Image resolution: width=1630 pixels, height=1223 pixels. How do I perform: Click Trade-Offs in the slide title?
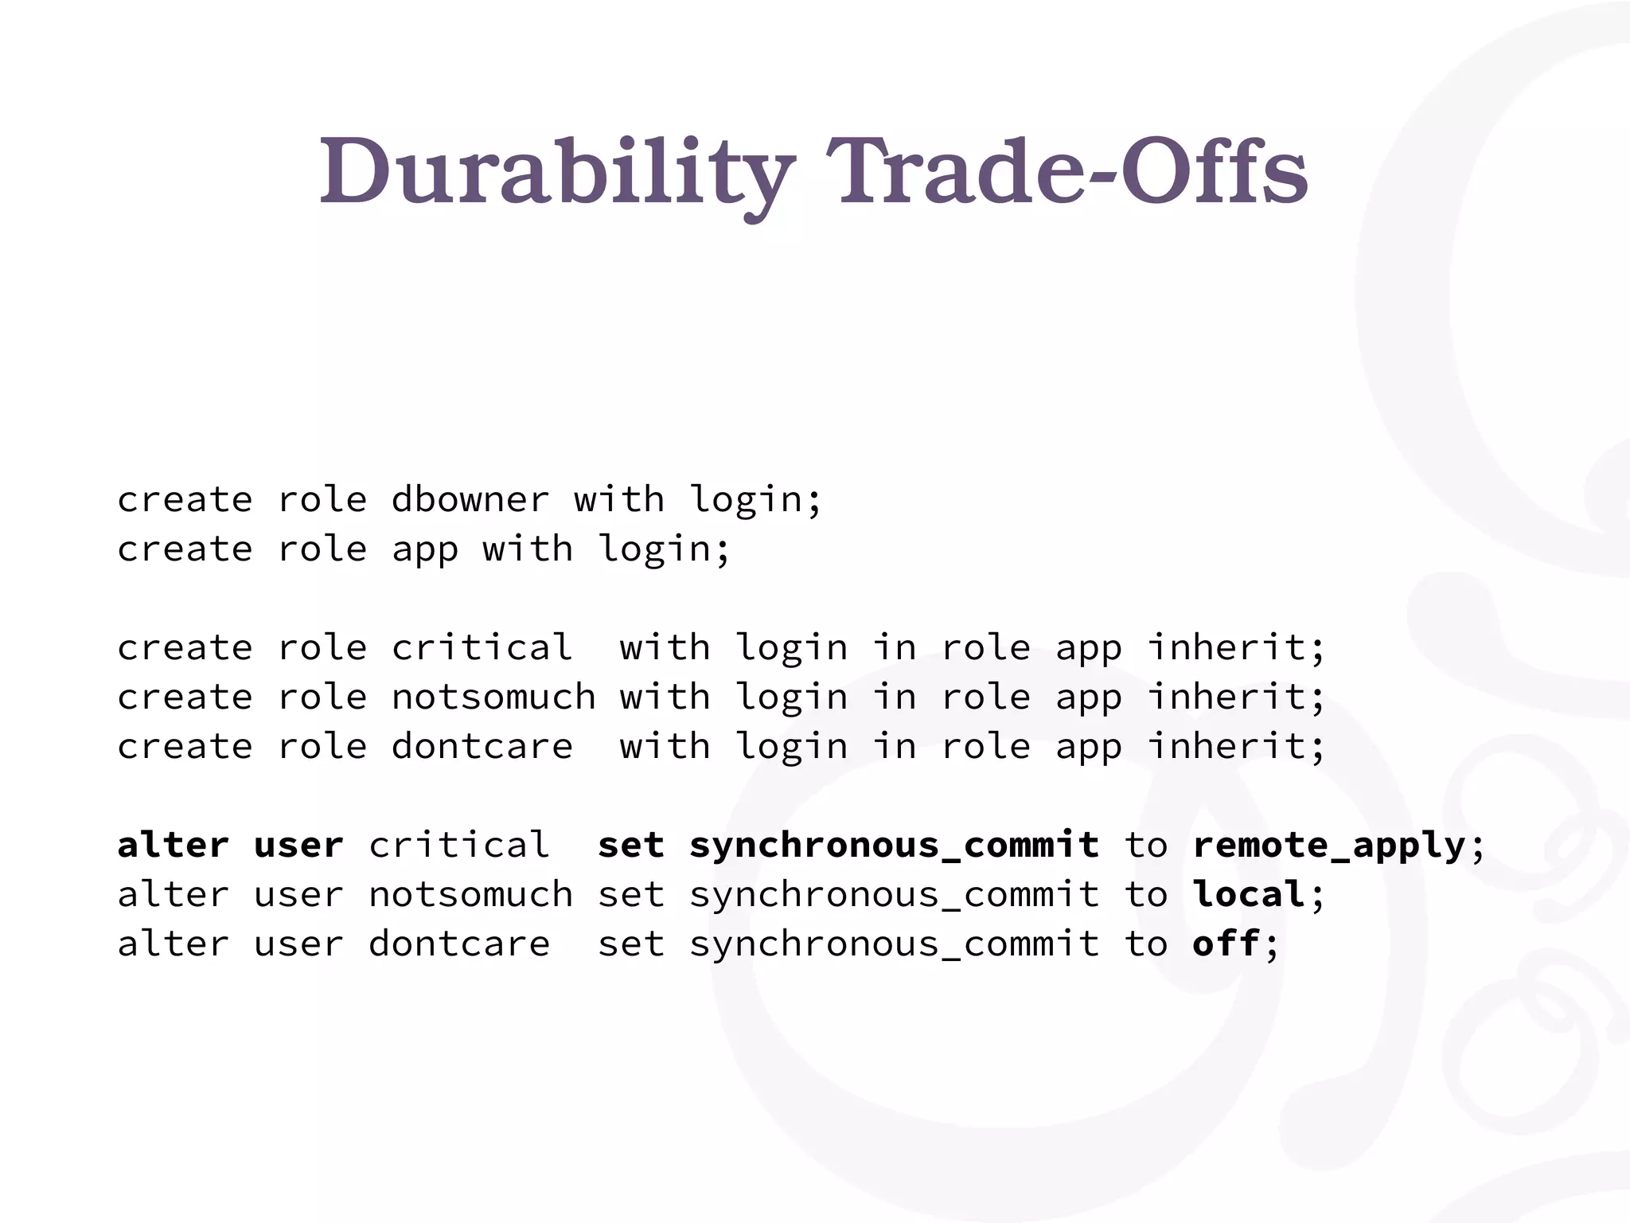(x=1067, y=172)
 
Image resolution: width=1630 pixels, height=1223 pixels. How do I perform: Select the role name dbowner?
(x=470, y=500)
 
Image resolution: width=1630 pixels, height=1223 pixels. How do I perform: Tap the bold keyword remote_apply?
(x=1328, y=846)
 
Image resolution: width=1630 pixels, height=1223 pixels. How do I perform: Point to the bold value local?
(x=1248, y=895)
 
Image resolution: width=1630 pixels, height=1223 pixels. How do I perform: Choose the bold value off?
(x=1226, y=944)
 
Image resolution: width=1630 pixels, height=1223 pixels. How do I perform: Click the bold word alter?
(x=173, y=846)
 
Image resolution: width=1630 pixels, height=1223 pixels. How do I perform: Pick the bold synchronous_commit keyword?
(x=894, y=846)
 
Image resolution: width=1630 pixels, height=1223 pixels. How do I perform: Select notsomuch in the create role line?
(x=493, y=697)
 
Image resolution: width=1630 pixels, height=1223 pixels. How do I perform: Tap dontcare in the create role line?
(x=482, y=747)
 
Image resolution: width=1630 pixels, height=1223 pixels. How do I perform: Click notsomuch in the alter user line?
(x=470, y=895)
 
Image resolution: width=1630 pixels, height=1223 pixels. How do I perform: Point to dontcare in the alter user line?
(x=459, y=944)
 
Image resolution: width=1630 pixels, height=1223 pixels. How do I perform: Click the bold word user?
(x=298, y=846)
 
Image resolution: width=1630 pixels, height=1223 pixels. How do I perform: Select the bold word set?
(x=630, y=846)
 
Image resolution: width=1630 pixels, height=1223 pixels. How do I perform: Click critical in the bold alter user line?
(x=459, y=846)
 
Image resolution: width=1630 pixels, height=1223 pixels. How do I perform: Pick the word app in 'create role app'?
(x=424, y=549)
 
